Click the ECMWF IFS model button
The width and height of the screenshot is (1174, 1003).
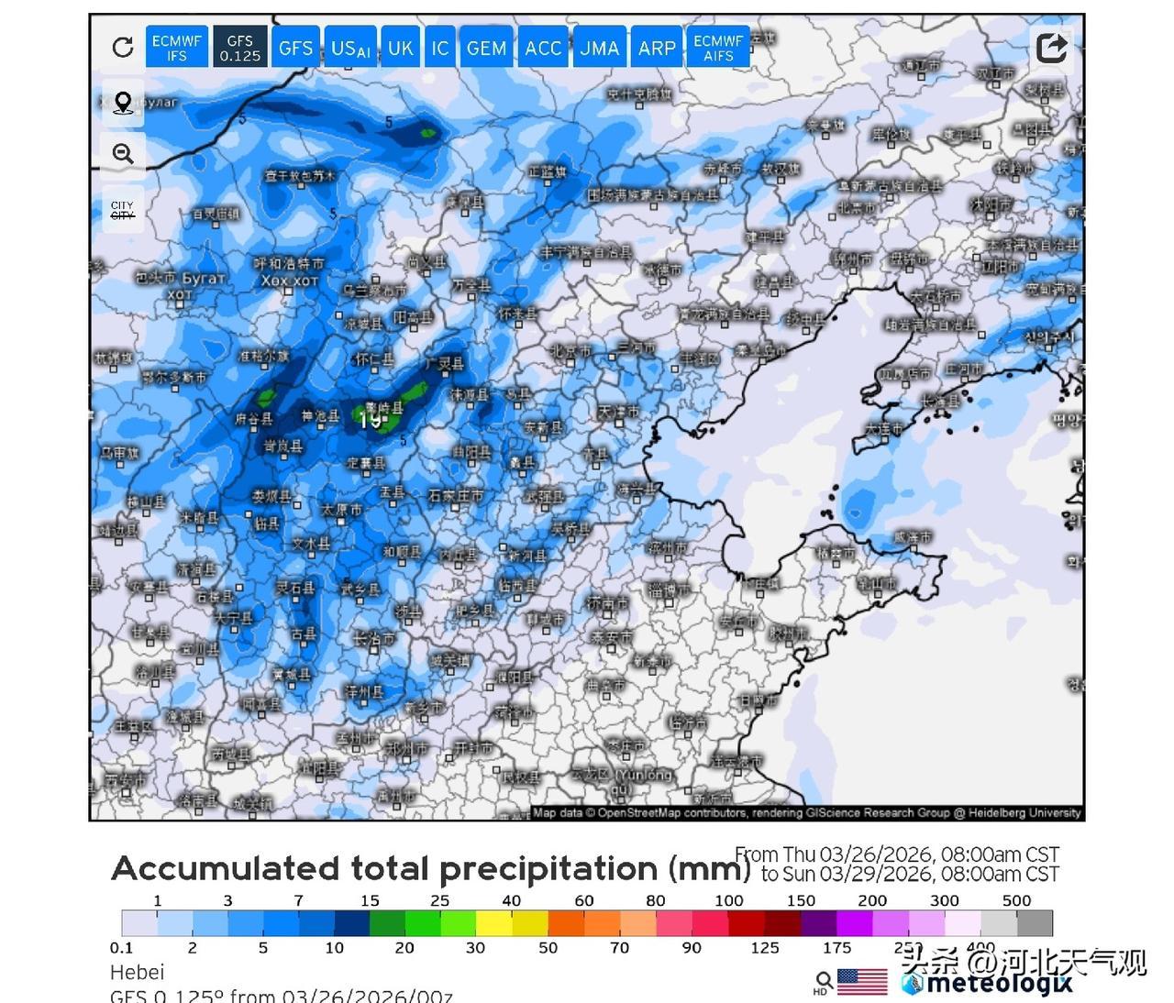tap(176, 48)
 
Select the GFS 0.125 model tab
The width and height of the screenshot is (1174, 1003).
tap(239, 48)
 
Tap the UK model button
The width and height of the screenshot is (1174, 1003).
tap(400, 48)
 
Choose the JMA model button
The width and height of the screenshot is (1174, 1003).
tap(599, 48)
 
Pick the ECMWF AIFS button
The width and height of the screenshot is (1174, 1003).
tap(718, 48)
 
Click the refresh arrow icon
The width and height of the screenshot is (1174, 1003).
tap(123, 48)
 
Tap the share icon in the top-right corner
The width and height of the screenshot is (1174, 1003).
tap(1051, 47)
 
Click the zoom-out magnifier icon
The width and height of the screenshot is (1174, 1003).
tap(123, 153)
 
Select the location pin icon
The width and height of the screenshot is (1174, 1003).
tap(123, 102)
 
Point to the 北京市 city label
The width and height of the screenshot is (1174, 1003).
tap(571, 350)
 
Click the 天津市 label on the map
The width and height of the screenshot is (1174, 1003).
tap(620, 412)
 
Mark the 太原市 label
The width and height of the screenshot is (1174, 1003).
tap(340, 510)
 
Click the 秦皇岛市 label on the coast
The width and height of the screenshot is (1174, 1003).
tap(760, 350)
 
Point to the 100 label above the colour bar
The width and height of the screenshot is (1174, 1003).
tap(729, 900)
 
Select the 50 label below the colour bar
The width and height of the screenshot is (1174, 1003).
tap(548, 948)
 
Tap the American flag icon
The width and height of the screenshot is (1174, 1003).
tap(862, 981)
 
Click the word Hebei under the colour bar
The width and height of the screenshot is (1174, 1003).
tap(138, 972)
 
